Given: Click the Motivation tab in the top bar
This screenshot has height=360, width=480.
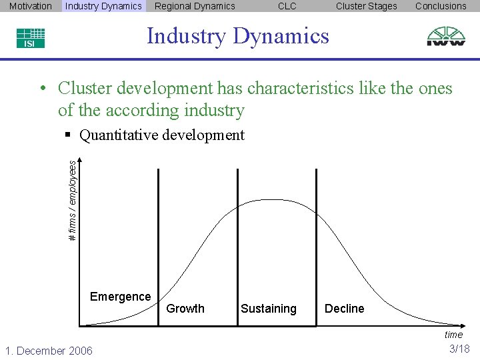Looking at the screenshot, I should click(x=31, y=6).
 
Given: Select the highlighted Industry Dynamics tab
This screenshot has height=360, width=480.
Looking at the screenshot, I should click(x=103, y=6).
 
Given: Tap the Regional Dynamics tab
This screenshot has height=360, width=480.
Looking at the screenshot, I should click(x=195, y=6).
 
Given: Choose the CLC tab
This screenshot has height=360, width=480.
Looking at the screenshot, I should click(x=287, y=6).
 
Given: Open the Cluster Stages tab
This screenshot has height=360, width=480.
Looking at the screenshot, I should click(x=366, y=6).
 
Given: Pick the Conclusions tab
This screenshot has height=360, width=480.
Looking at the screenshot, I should click(x=441, y=6).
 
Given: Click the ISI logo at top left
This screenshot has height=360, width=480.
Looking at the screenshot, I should click(x=31, y=38).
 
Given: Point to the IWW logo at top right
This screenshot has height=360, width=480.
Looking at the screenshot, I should click(x=447, y=36).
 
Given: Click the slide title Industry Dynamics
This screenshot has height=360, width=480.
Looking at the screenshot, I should click(x=238, y=35).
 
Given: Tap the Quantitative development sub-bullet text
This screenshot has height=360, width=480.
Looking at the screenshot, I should click(x=161, y=135).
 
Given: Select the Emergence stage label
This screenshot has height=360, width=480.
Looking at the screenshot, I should click(x=120, y=297).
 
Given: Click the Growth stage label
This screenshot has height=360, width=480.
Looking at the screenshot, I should click(x=185, y=309).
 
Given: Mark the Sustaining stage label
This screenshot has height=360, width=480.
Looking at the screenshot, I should click(x=268, y=309).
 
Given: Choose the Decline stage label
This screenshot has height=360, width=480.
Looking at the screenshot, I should click(x=344, y=309).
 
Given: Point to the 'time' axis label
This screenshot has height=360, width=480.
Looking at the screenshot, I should click(x=453, y=335).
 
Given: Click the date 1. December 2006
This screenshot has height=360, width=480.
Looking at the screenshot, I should click(x=49, y=351).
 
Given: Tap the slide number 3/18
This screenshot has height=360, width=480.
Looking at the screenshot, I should click(x=459, y=349).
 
